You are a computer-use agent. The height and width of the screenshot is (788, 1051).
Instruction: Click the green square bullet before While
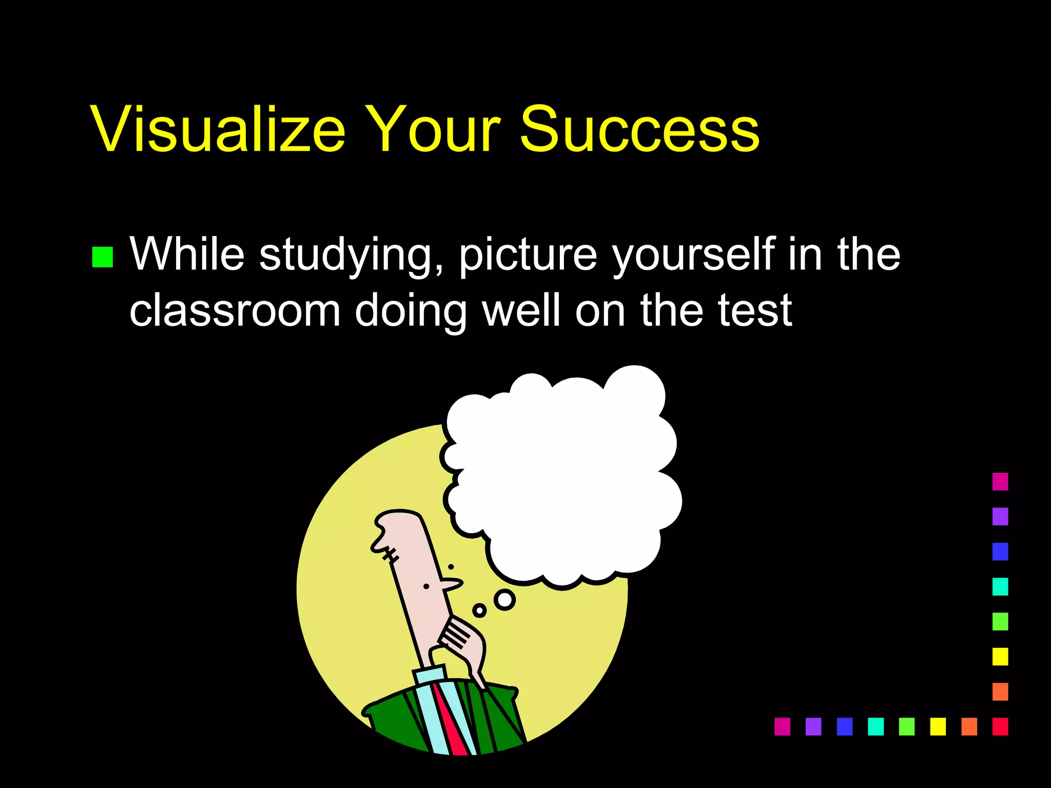pos(103,257)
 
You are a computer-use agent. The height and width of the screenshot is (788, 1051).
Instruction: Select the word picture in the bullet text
pos(528,255)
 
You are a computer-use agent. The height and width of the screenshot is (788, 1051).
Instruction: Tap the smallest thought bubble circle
pos(479,610)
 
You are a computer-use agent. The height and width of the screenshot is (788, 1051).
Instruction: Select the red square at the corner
pos(1000,726)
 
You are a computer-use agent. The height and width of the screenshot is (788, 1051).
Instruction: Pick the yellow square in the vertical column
pos(1000,657)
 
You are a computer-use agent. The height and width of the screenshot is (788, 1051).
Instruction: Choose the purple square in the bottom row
pos(813,726)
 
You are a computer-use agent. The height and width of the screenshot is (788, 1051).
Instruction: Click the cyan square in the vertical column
pos(1000,586)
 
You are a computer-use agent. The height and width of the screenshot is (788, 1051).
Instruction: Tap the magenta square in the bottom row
pos(782,726)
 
